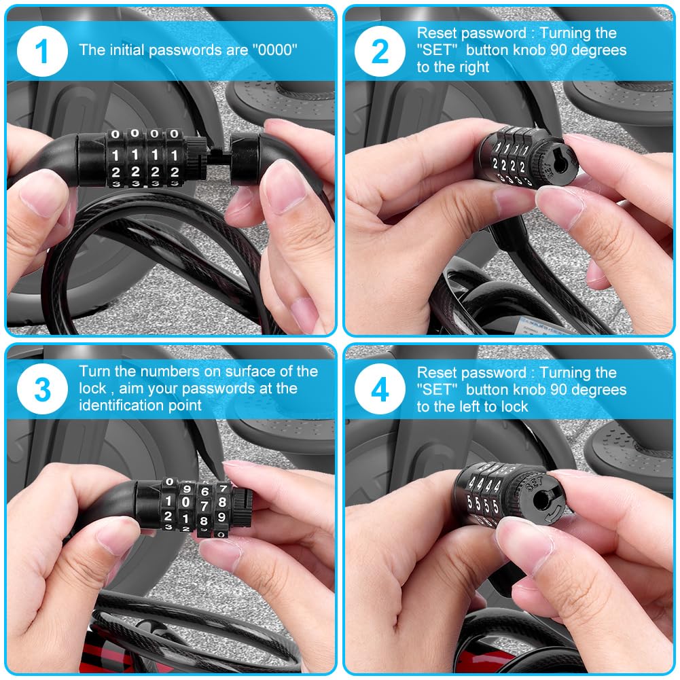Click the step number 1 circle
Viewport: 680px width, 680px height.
(42, 51)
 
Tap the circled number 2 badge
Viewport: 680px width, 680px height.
(380, 51)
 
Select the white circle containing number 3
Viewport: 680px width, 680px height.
(42, 389)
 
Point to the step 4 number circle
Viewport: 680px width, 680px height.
(380, 389)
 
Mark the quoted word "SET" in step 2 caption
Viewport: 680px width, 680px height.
(437, 50)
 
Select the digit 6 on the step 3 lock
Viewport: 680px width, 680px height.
(204, 491)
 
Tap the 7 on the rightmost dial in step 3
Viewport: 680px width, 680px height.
(223, 488)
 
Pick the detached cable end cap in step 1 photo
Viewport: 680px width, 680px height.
(245, 158)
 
